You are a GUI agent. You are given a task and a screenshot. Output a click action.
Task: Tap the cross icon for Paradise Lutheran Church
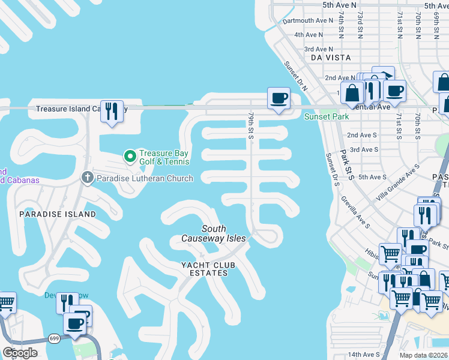(x=87, y=178)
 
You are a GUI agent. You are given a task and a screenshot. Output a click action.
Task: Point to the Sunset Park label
(x=326, y=117)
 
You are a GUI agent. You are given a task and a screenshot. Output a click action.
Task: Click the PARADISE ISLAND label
(x=57, y=214)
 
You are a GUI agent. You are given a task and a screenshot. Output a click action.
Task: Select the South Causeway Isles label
(x=214, y=233)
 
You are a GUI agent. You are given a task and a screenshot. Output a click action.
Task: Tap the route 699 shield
(x=54, y=337)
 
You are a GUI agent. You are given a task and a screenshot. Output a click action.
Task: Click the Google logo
(x=20, y=353)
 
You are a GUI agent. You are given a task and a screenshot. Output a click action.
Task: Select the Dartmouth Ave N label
(x=308, y=20)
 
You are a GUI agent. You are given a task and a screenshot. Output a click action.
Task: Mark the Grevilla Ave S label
(x=354, y=208)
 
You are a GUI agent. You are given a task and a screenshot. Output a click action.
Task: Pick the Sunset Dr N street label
(x=296, y=76)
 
